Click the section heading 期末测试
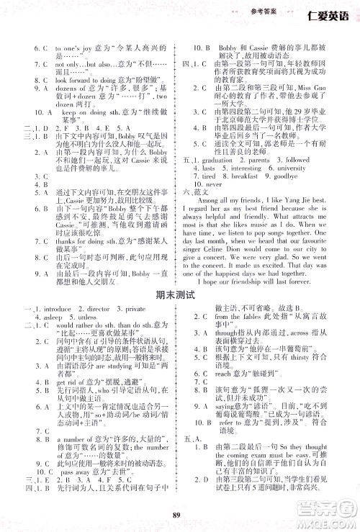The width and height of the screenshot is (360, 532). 179,294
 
